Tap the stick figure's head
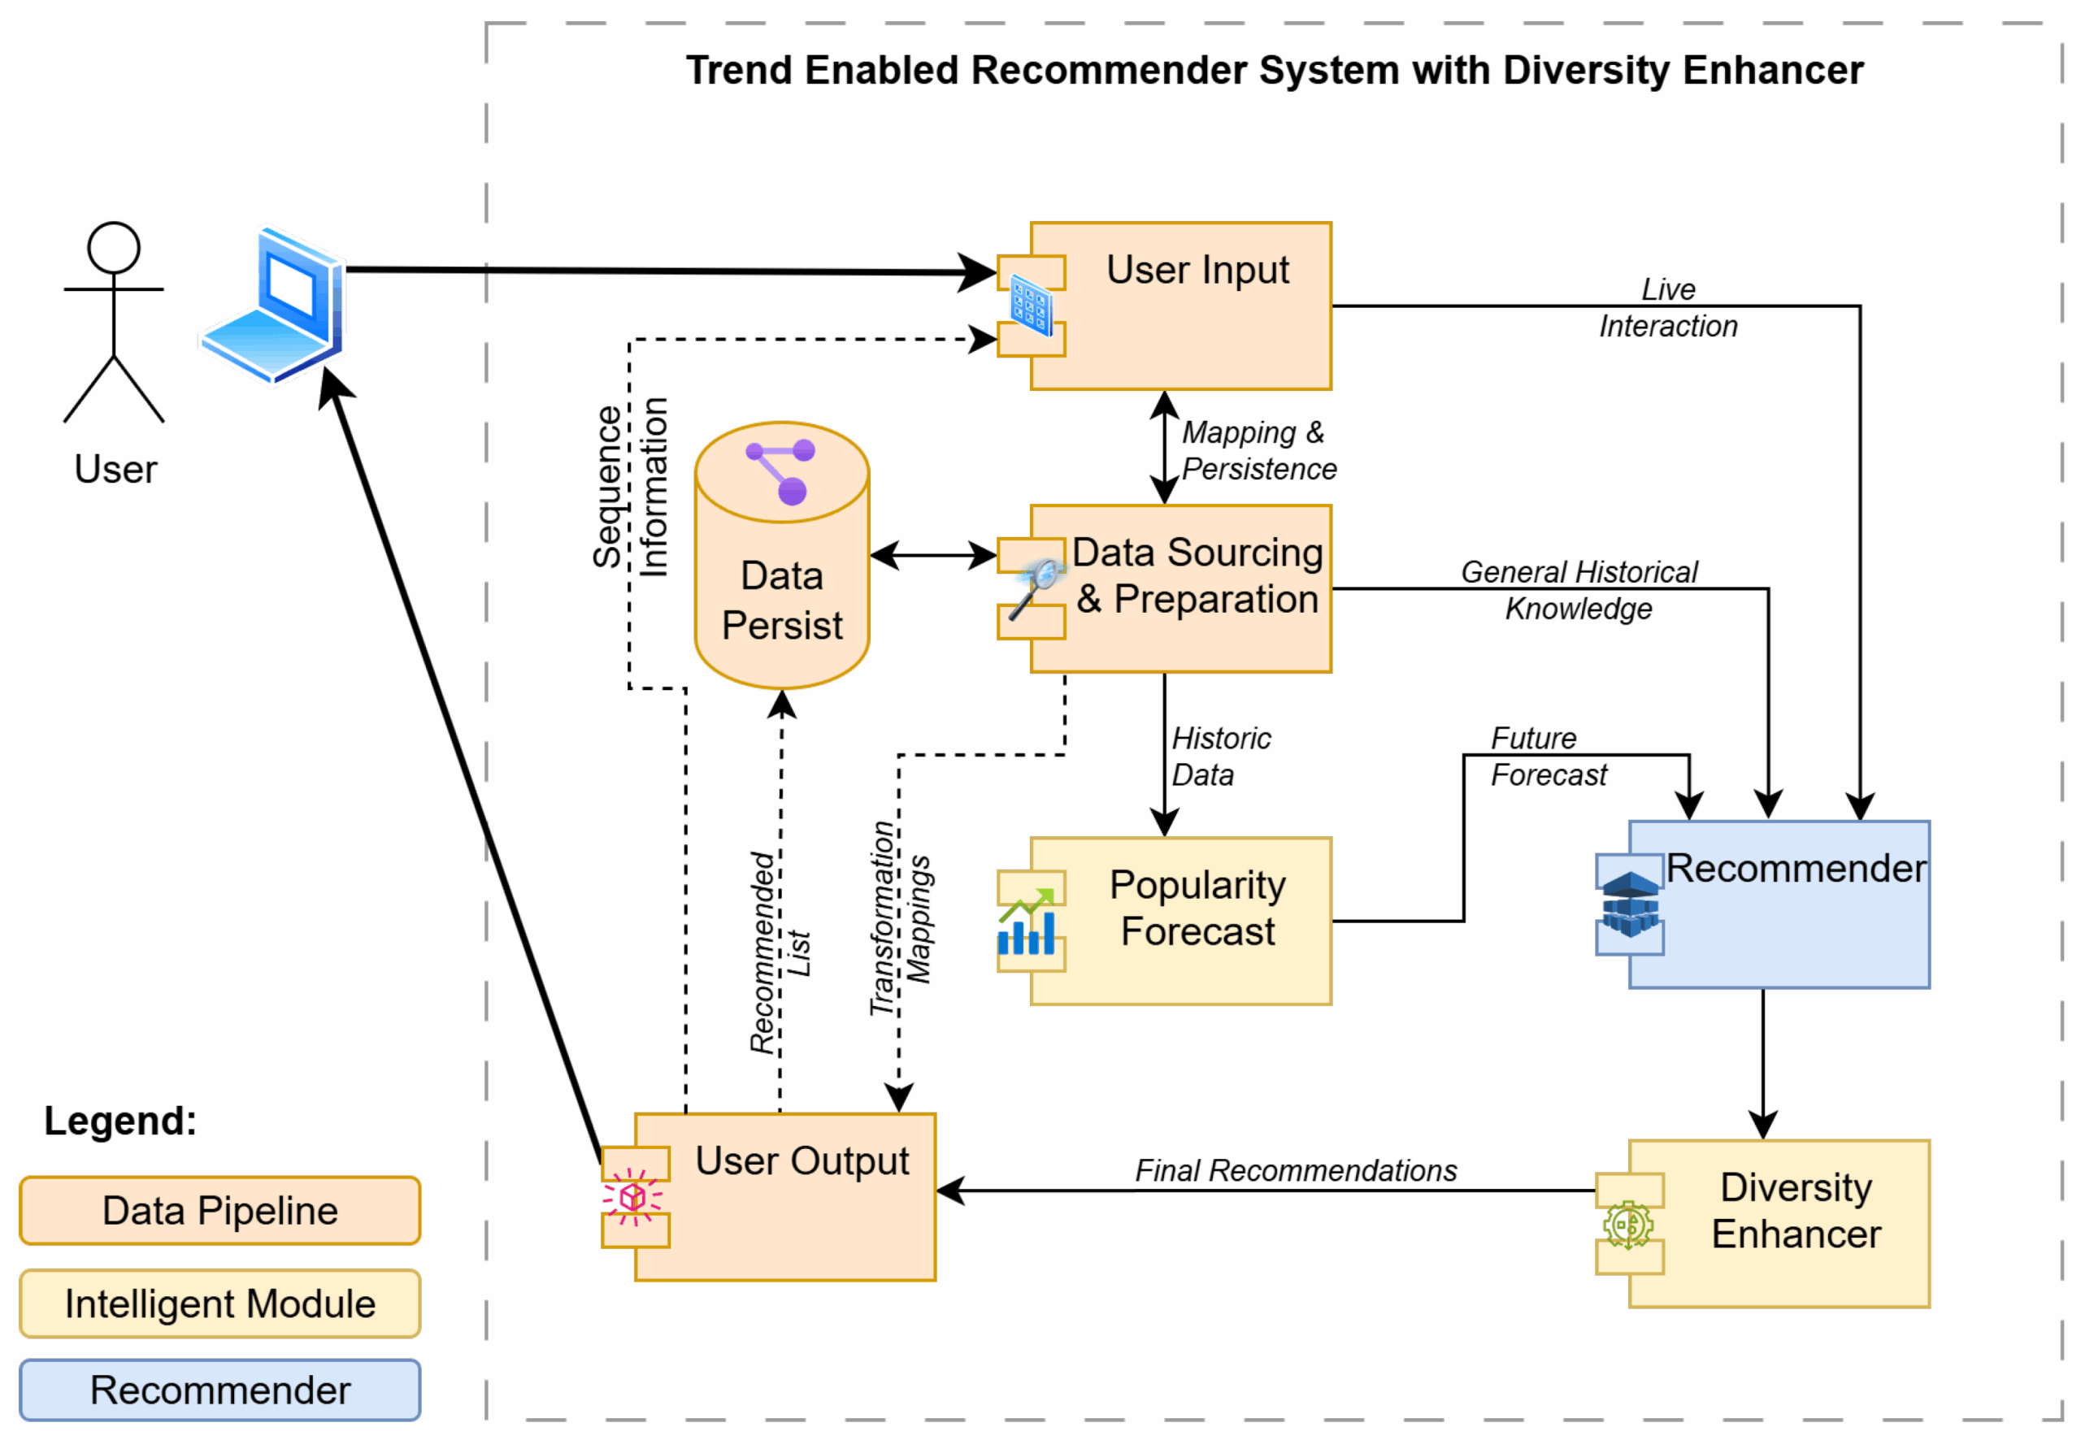pyautogui.click(x=114, y=248)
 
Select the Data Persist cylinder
pyautogui.click(x=781, y=578)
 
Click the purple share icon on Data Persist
pyautogui.click(x=781, y=470)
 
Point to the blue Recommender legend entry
pyautogui.click(x=220, y=1390)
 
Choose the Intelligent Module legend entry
pyautogui.click(x=220, y=1303)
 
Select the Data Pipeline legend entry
pyautogui.click(x=220, y=1211)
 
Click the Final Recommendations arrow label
pyautogui.click(x=1295, y=1171)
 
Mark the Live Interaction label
pyautogui.click(x=1668, y=308)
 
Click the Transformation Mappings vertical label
pyautogui.click(x=900, y=918)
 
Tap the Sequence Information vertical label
pyautogui.click(x=630, y=488)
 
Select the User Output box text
pyautogui.click(x=802, y=1161)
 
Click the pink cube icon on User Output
pyautogui.click(x=632, y=1197)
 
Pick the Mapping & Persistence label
pyautogui.click(x=1258, y=451)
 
